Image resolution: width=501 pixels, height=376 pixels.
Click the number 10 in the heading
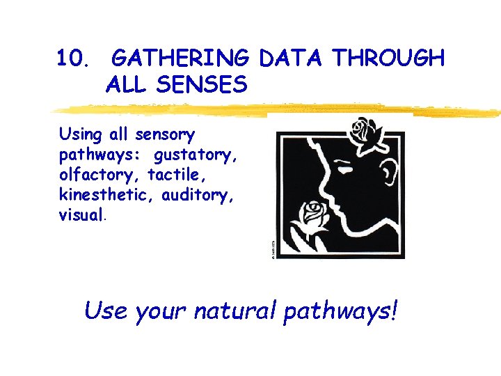pos(72,58)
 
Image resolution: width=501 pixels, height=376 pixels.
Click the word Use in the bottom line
pos(106,311)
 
